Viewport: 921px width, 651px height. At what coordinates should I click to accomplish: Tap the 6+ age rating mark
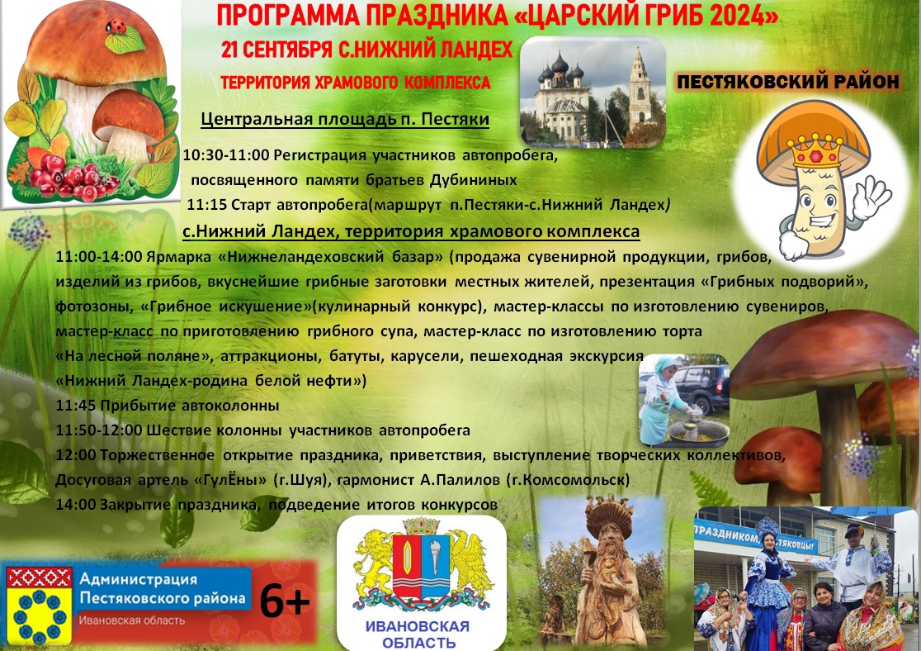(x=284, y=601)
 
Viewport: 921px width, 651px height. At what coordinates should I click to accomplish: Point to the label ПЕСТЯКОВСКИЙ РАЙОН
(x=787, y=81)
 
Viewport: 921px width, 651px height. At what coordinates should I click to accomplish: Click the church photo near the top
(x=593, y=92)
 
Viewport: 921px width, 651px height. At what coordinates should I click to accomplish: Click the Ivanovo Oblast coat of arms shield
(x=421, y=563)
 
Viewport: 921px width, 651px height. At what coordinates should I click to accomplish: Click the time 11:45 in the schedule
(x=76, y=405)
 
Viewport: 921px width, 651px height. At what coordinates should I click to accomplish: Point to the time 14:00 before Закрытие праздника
(x=76, y=505)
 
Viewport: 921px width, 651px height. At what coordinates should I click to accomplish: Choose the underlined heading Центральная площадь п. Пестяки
(x=345, y=120)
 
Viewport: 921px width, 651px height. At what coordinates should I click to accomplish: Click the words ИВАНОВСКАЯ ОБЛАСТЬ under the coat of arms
(x=418, y=634)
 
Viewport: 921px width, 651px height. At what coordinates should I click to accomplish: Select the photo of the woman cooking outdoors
(x=683, y=401)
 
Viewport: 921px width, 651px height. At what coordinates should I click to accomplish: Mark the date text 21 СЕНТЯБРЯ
(x=276, y=50)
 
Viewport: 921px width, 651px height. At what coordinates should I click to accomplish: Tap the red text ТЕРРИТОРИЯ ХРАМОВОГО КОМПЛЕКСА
(x=356, y=83)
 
